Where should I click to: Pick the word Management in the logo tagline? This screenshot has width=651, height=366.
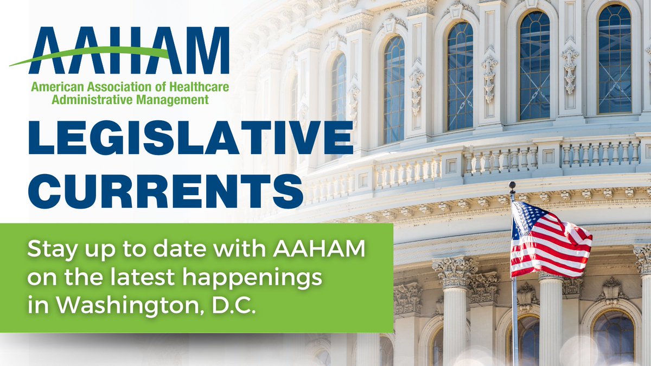pyautogui.click(x=174, y=99)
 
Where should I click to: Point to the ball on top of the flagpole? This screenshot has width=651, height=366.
pyautogui.click(x=512, y=186)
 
